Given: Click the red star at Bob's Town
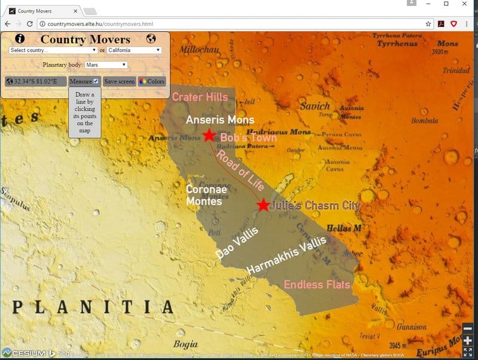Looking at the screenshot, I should [x=209, y=135].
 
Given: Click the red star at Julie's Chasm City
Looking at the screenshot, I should [x=263, y=205].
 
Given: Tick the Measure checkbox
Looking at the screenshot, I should [x=96, y=81].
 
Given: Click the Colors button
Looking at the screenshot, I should [x=152, y=81].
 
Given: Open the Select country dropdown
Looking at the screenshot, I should [x=53, y=50].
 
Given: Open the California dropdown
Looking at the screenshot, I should [x=134, y=50].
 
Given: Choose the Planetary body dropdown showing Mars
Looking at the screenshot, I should [x=106, y=65].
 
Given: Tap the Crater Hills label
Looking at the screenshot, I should [x=200, y=97].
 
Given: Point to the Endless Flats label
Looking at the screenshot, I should [x=317, y=284].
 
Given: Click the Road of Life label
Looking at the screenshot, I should [x=240, y=170].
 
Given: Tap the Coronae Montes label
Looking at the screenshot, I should [x=204, y=195].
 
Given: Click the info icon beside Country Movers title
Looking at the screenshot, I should [x=20, y=39].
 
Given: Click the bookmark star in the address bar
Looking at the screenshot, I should [x=428, y=24].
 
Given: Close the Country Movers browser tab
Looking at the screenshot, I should [x=75, y=11].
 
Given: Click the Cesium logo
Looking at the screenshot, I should [x=24, y=353].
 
